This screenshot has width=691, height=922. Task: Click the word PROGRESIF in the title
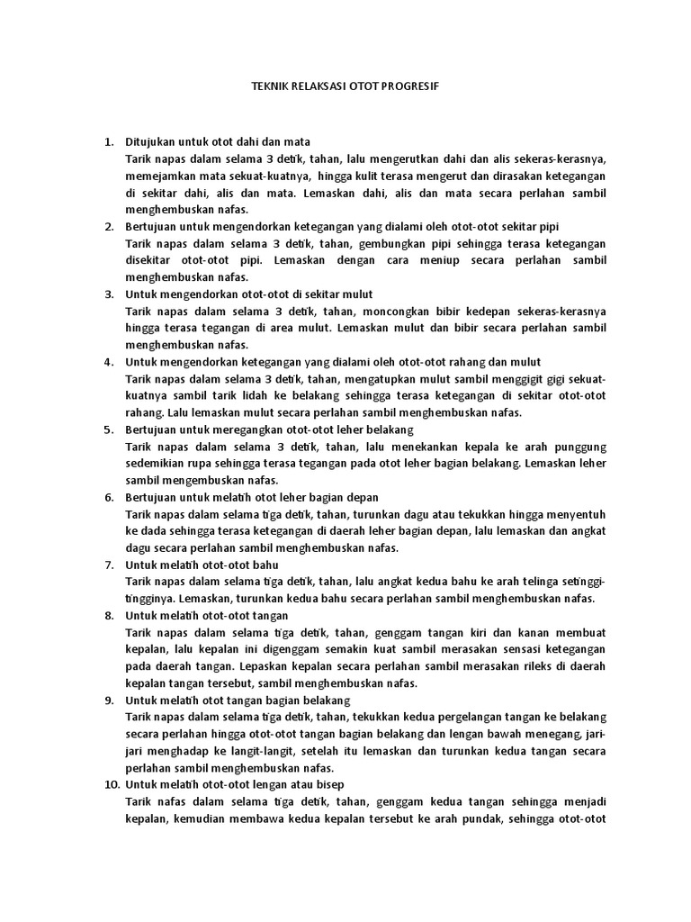[x=412, y=89]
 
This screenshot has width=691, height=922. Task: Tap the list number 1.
[x=109, y=141]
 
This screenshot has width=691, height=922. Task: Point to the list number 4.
[x=109, y=361]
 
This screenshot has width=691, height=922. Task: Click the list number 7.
[x=109, y=565]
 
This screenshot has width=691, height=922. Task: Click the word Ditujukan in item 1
[x=149, y=141]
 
